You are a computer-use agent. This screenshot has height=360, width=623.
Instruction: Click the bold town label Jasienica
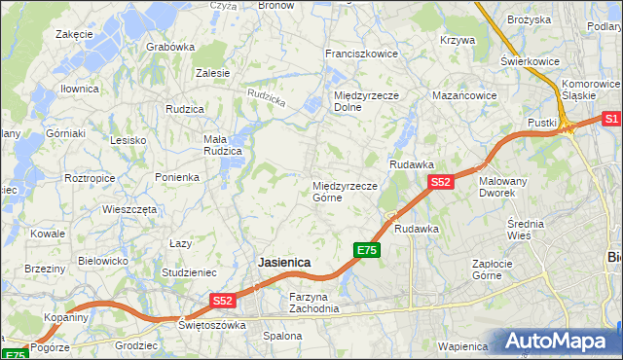[283, 263]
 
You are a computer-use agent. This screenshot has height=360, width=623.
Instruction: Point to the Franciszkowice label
[361, 54]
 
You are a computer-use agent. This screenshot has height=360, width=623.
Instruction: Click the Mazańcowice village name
[464, 96]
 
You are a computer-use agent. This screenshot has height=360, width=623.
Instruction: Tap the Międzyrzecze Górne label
[345, 191]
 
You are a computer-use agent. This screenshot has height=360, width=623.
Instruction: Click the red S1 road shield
[610, 119]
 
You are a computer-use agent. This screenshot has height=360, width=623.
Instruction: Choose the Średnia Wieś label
[527, 230]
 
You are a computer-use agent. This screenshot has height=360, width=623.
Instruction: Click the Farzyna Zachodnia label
[313, 302]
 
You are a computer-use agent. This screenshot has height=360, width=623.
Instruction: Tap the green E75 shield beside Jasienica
[365, 251]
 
